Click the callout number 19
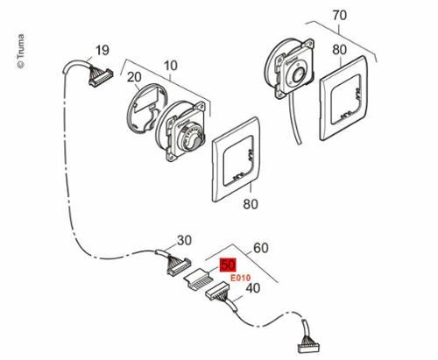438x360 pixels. (x=102, y=50)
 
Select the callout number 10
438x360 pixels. (x=171, y=66)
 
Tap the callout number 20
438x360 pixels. (x=134, y=77)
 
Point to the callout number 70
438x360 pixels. (x=340, y=15)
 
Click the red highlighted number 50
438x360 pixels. (x=228, y=265)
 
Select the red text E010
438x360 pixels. (x=240, y=278)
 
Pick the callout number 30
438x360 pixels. (x=185, y=240)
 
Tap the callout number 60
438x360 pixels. (x=260, y=248)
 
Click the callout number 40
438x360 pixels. (x=253, y=288)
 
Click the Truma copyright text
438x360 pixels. (x=21, y=52)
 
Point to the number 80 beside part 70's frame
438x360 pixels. (x=339, y=50)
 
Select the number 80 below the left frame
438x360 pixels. (x=251, y=204)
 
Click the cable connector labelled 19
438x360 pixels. (x=100, y=77)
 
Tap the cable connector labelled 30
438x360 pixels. (x=178, y=265)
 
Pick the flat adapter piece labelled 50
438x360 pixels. (x=197, y=278)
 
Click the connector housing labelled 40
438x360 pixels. (x=217, y=291)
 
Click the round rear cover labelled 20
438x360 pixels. (x=147, y=109)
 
